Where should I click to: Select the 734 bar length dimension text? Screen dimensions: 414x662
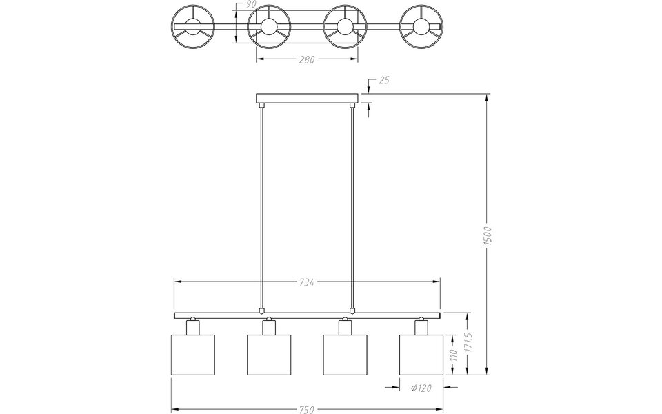point(307,282)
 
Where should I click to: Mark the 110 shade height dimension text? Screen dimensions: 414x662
point(454,355)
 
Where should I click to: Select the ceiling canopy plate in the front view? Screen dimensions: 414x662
point(307,99)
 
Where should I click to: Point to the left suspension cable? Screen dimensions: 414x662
point(261,207)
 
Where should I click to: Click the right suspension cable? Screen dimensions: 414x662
point(352,207)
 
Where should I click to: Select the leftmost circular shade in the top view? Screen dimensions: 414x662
point(194,27)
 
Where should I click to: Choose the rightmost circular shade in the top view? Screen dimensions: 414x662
point(420,27)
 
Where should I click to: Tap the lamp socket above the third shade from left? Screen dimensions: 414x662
point(345,326)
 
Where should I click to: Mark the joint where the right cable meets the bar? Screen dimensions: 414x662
point(352,310)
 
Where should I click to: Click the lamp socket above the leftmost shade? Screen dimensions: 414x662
point(192,326)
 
